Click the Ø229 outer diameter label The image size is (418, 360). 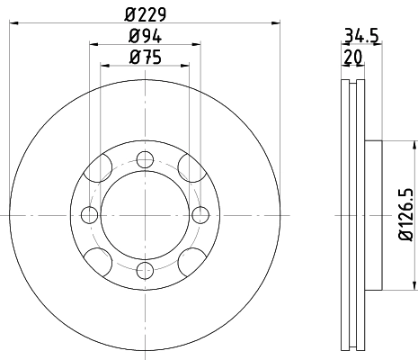point(145,13)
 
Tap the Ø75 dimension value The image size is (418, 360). point(144,58)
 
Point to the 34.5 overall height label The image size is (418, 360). point(360,37)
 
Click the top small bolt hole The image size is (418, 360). point(144,159)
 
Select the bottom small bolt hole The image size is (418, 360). point(144,269)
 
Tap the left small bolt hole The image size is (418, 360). point(89,214)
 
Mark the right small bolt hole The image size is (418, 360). point(199,214)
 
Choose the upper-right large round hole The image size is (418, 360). point(187,167)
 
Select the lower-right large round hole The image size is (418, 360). point(187,262)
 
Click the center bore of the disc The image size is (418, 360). point(144,214)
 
